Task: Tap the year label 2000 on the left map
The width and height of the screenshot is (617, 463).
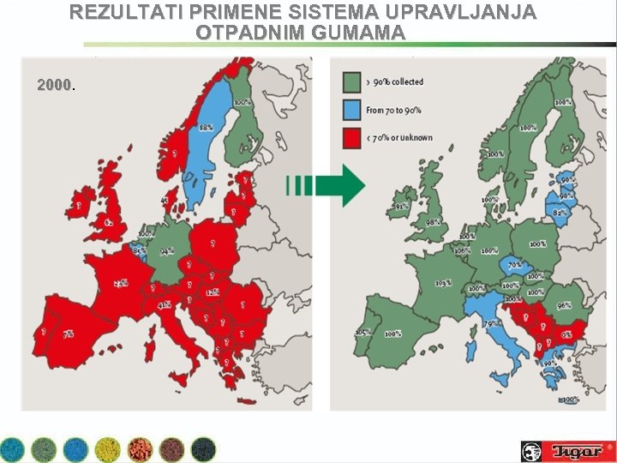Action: pyautogui.click(x=54, y=85)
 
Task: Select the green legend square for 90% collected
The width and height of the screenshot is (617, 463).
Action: pyautogui.click(x=351, y=81)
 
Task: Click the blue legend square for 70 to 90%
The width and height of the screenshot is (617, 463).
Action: pyautogui.click(x=351, y=110)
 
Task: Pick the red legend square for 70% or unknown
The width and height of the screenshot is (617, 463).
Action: pyautogui.click(x=351, y=138)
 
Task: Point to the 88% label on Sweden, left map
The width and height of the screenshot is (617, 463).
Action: pyautogui.click(x=207, y=127)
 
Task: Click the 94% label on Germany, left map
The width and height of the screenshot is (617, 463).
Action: pyautogui.click(x=166, y=251)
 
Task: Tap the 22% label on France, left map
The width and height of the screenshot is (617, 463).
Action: pyautogui.click(x=122, y=282)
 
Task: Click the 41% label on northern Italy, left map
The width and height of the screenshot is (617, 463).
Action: pyautogui.click(x=164, y=304)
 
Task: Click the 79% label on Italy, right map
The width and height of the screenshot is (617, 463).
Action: pyautogui.click(x=492, y=323)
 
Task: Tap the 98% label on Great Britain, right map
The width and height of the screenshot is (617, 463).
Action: pyautogui.click(x=434, y=222)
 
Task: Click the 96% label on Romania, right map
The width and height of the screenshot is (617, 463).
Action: pyautogui.click(x=564, y=305)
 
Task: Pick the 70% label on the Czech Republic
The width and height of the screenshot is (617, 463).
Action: pyautogui.click(x=514, y=266)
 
